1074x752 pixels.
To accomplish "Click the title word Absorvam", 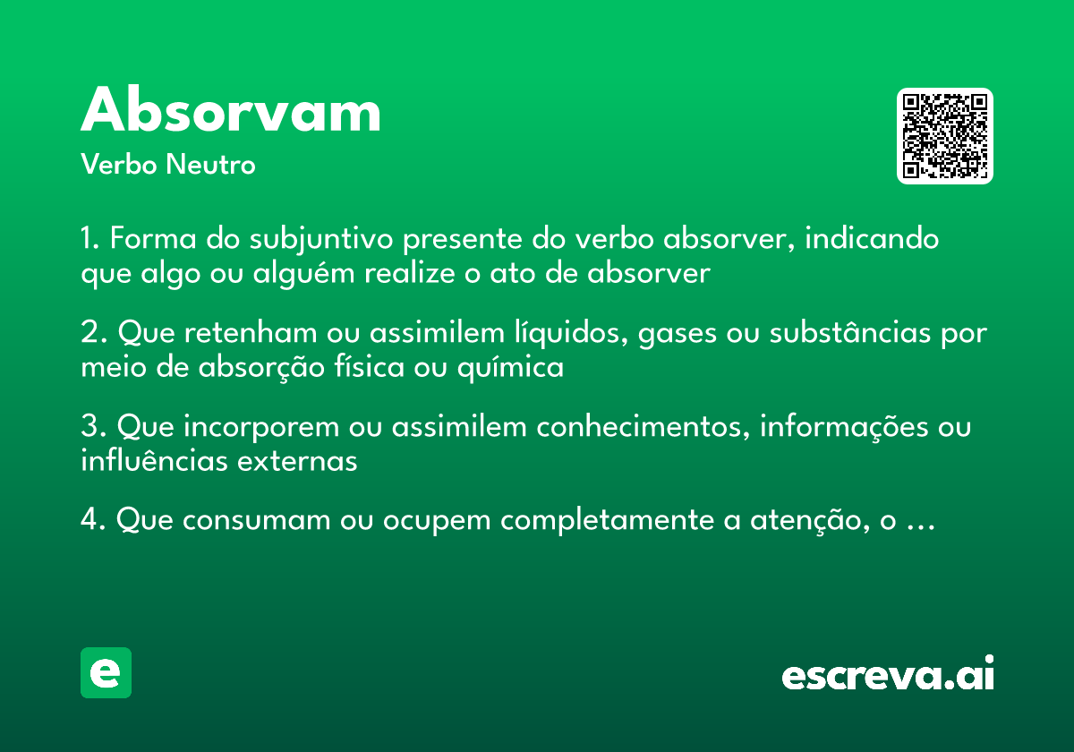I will (x=231, y=112).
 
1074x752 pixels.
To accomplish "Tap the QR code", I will (x=945, y=136).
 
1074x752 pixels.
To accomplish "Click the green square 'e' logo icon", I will (x=106, y=672).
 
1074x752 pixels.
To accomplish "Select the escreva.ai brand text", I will (x=888, y=675).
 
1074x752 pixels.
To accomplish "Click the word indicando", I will (x=876, y=241).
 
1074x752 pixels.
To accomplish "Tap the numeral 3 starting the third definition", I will (x=88, y=428).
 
